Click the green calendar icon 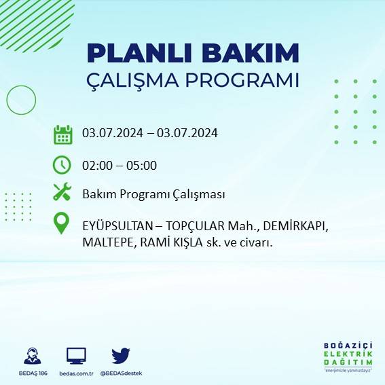click(62, 134)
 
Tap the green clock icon click(62, 164)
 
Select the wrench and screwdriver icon click(62, 193)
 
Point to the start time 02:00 click(97, 165)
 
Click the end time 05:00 click(141, 165)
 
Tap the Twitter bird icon click(121, 355)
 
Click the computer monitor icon click(76, 355)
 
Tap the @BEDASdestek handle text click(121, 373)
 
